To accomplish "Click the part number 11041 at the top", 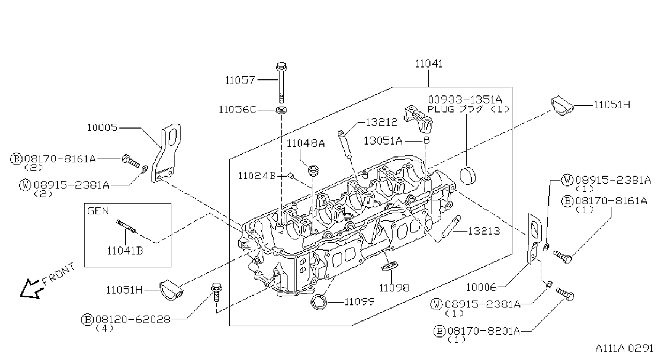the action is (429, 64).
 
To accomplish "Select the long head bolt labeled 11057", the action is (282, 82).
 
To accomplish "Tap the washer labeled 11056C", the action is (282, 110).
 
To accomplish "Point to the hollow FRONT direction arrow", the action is (31, 289).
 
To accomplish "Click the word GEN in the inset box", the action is (98, 211).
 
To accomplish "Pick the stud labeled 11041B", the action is (126, 226).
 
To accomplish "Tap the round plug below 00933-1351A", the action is (467, 176).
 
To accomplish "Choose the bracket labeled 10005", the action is (165, 153).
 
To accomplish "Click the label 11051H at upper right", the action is (612, 105).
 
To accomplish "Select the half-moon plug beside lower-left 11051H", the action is (171, 291).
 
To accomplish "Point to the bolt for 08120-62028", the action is (216, 292).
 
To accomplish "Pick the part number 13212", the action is (381, 122).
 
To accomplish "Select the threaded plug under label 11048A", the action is (313, 171).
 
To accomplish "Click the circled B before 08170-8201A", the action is (440, 332).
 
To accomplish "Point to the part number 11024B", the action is (257, 176).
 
